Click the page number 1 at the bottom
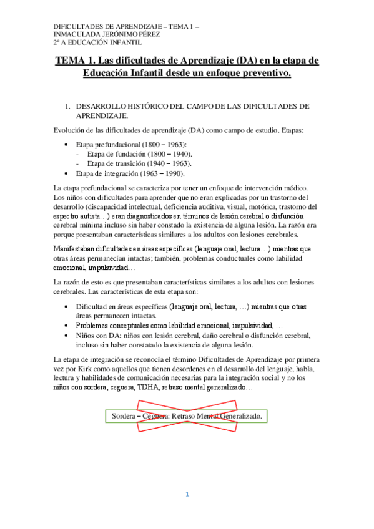(187, 494)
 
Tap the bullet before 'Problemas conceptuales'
(67, 326)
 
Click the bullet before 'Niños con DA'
(67, 335)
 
